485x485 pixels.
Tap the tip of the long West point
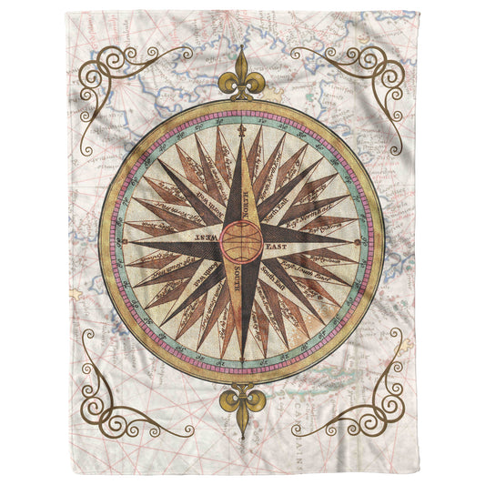coord(125,241)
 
